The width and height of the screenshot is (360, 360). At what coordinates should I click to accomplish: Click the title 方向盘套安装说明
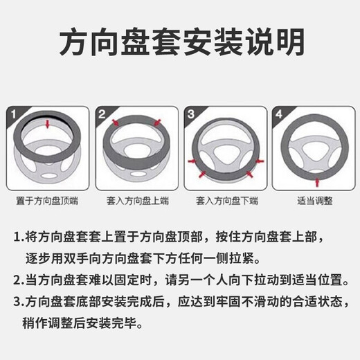coord(179,42)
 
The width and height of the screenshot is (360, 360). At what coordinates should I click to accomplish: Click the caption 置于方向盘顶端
coord(47,201)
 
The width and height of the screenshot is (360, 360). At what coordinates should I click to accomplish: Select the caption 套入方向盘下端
coord(224,201)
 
